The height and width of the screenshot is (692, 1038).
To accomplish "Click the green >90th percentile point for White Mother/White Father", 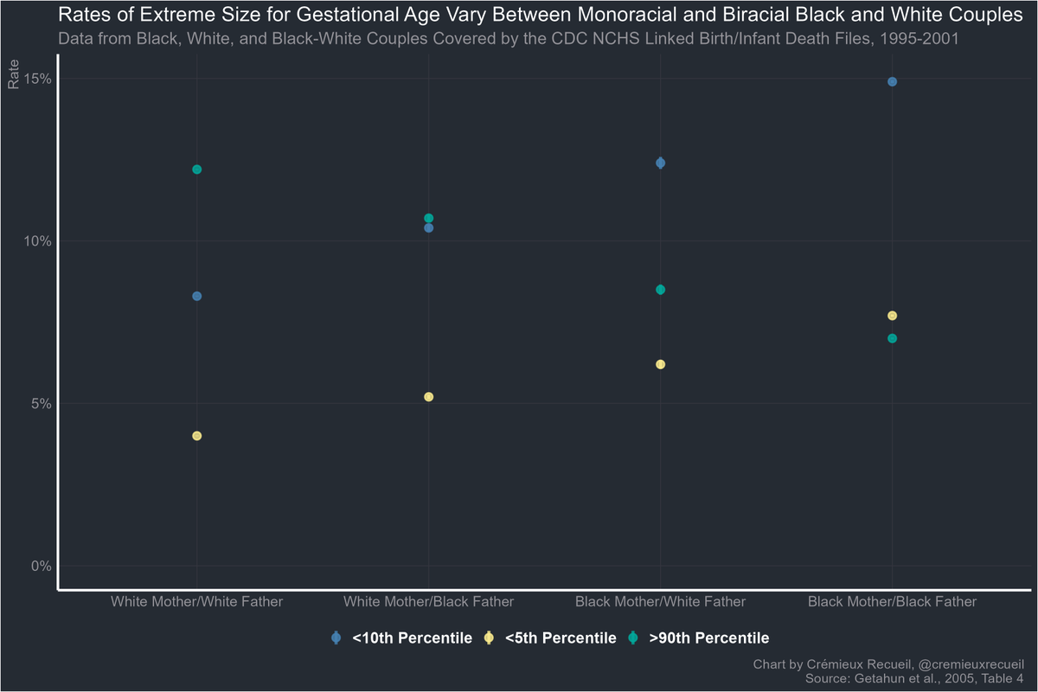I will pyautogui.click(x=197, y=170).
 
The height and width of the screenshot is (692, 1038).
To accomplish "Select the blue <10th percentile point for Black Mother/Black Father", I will pyautogui.click(x=892, y=82).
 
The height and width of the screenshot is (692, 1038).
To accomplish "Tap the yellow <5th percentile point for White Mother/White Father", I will pyautogui.click(x=197, y=436).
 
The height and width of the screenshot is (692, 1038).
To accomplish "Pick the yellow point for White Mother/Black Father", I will pyautogui.click(x=429, y=397).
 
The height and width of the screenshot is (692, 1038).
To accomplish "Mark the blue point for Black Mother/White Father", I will pyautogui.click(x=661, y=163).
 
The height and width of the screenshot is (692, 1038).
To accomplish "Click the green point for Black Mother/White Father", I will pyautogui.click(x=661, y=290).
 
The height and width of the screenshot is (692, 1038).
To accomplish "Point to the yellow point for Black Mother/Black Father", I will pyautogui.click(x=892, y=316).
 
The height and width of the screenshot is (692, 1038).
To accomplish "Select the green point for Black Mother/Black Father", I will pyautogui.click(x=892, y=338).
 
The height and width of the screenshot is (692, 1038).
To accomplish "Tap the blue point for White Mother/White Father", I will pyautogui.click(x=197, y=296).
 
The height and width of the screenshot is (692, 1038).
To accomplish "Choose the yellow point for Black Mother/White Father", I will pyautogui.click(x=661, y=364).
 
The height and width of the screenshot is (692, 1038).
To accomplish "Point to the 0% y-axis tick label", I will pyautogui.click(x=42, y=566).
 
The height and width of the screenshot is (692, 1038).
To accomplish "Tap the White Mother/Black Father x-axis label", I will pyautogui.click(x=429, y=601).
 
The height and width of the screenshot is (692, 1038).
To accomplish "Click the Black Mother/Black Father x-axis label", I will pyautogui.click(x=892, y=601).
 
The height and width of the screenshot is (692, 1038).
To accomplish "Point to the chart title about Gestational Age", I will pyautogui.click(x=540, y=16).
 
